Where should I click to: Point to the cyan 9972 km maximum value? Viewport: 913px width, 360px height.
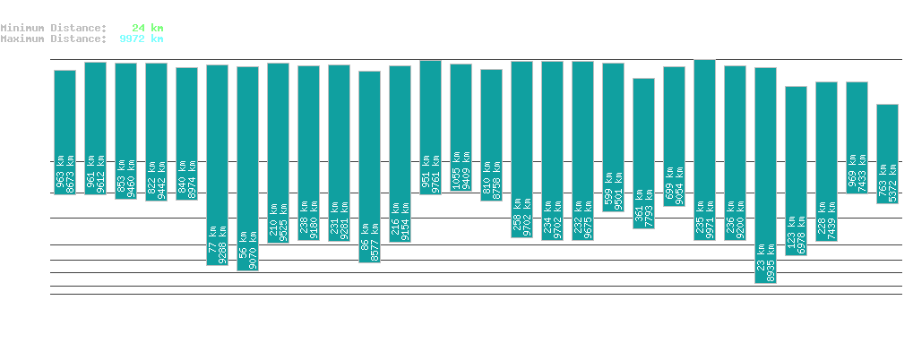(141, 39)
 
